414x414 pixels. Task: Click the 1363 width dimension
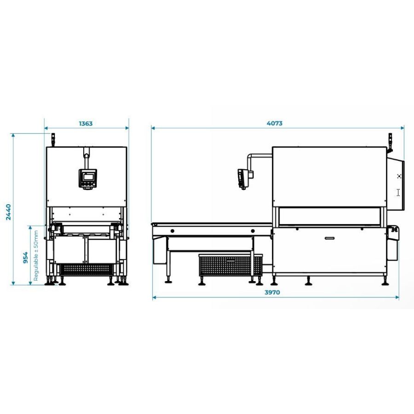(86, 123)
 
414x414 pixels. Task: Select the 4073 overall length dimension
(275, 123)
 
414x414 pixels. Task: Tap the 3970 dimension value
(272, 292)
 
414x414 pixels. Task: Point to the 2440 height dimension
(8, 212)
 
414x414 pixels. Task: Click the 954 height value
(25, 258)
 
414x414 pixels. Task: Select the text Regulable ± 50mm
(36, 256)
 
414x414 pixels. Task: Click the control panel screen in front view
(87, 176)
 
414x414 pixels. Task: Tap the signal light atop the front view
(52, 138)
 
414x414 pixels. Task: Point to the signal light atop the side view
(390, 141)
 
